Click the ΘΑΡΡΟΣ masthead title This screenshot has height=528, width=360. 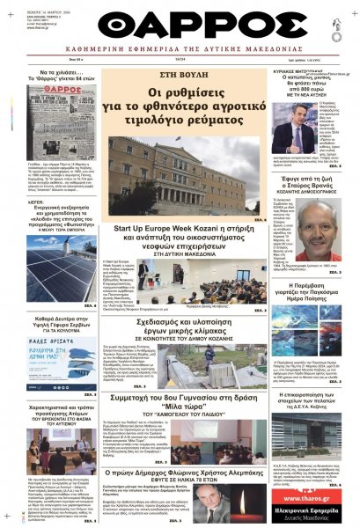coord(180,27)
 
